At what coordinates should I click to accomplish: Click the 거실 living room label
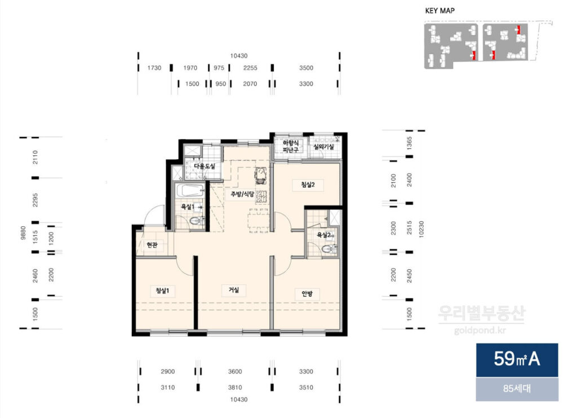pos(234,290)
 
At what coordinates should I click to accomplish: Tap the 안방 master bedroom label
pos(307,293)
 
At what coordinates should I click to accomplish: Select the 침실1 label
pos(162,291)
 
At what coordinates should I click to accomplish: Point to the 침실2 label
pos(308,184)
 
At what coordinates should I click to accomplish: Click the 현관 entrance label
pos(152,245)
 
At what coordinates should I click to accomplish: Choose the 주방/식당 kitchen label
pos(242,194)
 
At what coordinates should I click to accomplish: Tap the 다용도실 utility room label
pos(204,166)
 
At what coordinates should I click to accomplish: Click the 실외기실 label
pos(324,147)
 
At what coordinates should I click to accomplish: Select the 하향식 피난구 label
pos(291,146)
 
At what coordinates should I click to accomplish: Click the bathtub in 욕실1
pos(189,191)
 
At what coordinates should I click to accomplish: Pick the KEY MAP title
pos(440,11)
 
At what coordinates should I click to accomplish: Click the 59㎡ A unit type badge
pos(517,359)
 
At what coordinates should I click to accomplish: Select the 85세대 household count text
pos(517,389)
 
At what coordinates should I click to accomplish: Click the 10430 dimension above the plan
pos(239,56)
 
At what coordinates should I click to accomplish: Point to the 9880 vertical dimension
pos(24,233)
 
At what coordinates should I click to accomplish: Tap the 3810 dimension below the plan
pos(235,388)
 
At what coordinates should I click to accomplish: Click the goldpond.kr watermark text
pos(480,331)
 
